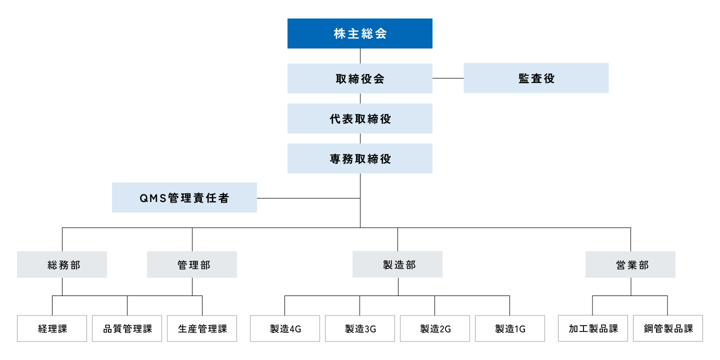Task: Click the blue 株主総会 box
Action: point(359,33)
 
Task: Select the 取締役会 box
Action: point(359,78)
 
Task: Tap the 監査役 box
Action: point(536,78)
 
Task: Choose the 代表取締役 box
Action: point(359,118)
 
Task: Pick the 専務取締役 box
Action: point(359,158)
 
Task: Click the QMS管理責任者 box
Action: point(184,197)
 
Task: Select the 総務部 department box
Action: point(62,264)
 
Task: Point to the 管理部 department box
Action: point(192,264)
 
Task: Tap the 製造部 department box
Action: point(397,264)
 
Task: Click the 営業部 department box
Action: point(630,264)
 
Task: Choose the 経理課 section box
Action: point(52,328)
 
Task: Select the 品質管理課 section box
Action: point(127,328)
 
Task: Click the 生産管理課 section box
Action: point(202,328)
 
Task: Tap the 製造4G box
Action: point(285,328)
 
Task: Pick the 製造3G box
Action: point(360,328)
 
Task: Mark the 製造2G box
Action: point(435,328)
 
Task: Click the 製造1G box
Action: point(510,328)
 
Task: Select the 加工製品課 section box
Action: point(593,328)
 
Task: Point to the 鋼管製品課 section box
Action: point(668,328)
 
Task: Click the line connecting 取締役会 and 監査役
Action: point(448,78)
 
